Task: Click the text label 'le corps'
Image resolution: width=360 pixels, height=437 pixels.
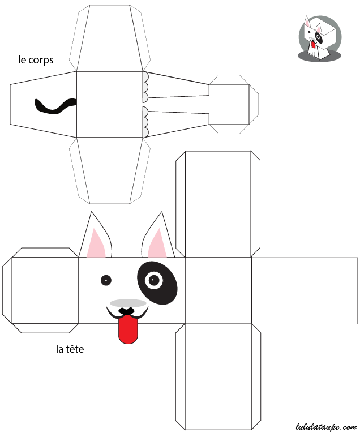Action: tap(36, 60)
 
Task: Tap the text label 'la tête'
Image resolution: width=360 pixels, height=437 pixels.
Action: tap(70, 349)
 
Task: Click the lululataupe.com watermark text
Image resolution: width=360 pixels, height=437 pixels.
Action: tap(326, 427)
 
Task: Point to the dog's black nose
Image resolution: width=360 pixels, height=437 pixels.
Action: tap(126, 311)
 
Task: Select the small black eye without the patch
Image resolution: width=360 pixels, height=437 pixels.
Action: tap(106, 280)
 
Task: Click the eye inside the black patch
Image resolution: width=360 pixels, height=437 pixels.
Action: tap(154, 280)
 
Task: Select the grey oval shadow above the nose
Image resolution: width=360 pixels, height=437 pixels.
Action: tap(128, 303)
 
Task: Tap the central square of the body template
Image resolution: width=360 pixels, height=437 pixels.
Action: tap(109, 104)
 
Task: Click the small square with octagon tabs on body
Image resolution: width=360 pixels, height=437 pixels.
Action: tap(229, 104)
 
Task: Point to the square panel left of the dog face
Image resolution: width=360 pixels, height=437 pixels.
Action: tap(45, 290)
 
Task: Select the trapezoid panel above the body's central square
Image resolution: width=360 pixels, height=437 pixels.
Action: tap(109, 38)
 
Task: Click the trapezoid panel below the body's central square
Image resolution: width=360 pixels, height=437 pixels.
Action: tap(109, 170)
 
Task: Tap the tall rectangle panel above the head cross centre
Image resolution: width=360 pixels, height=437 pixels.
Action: tap(218, 204)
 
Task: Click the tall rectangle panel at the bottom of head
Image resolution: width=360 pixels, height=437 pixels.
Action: tap(218, 376)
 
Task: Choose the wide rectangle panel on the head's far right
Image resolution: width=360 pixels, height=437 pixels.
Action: tap(305, 291)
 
